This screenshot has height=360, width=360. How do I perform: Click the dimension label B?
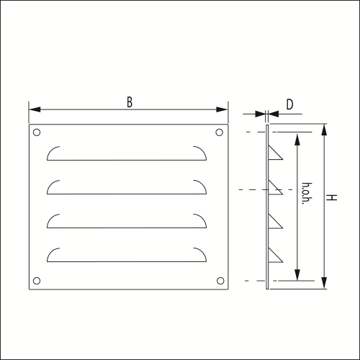point(130,102)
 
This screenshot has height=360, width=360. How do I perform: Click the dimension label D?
point(289,104)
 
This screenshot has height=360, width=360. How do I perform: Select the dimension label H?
point(331,197)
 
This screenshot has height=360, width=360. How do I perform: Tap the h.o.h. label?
point(307,194)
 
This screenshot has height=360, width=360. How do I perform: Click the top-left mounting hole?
point(37,132)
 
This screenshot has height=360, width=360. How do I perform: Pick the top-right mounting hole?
point(220,132)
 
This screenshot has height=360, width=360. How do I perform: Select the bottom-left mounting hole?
point(37,281)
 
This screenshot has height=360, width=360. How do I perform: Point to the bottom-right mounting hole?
point(220,281)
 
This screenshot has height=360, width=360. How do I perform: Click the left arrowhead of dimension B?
point(35,109)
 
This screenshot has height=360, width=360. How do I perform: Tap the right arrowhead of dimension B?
point(222,109)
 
